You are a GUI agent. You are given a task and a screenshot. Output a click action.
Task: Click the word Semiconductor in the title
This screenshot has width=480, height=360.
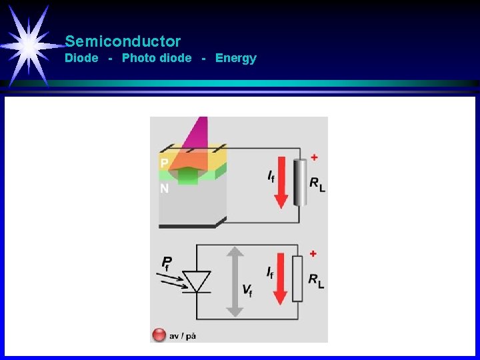[123, 41]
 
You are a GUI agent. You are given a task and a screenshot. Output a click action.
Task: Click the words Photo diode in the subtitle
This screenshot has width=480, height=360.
[157, 58]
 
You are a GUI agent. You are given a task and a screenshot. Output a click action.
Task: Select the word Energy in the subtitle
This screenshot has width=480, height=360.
[235, 58]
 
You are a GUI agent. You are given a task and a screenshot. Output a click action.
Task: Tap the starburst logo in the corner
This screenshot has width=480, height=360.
[29, 44]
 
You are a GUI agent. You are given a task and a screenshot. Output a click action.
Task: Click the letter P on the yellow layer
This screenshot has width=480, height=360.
[164, 163]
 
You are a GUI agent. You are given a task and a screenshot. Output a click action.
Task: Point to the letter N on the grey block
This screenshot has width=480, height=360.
[164, 189]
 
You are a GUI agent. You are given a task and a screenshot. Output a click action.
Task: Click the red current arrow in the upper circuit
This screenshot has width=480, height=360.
[281, 180]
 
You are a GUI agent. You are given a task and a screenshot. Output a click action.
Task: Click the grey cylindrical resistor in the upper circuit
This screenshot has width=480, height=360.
[300, 182]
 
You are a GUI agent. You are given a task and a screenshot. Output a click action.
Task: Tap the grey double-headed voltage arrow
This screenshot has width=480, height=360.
[233, 281]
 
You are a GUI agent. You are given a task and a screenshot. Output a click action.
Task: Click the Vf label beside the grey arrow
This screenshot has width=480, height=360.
[247, 290]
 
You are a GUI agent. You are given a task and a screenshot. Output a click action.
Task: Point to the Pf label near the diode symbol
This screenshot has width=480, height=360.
[167, 263]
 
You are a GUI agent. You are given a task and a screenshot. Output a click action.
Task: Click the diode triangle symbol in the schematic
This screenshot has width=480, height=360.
[196, 281]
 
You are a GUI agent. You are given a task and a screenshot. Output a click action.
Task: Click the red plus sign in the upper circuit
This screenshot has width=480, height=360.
[314, 157]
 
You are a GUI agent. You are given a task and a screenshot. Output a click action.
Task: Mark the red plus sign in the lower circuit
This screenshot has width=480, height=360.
[313, 253]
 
